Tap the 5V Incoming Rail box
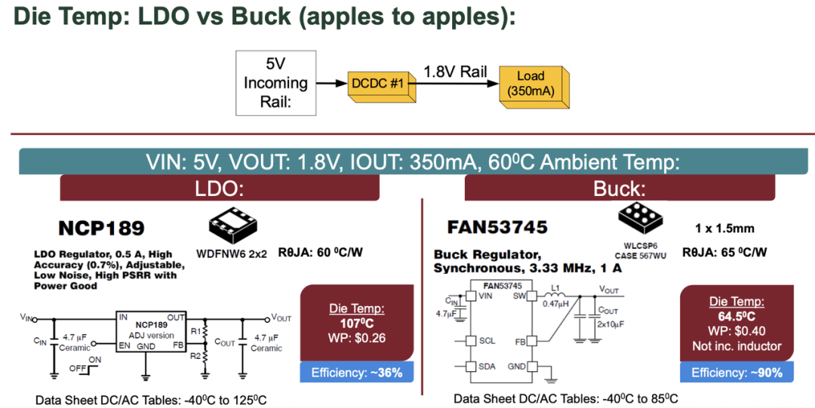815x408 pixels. coord(275,83)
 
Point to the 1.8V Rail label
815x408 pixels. coord(454,72)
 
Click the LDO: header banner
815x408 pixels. coord(219,188)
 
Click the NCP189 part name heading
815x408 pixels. coord(101,228)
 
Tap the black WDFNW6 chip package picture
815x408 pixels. coord(232,221)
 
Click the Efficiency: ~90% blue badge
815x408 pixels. coord(737,373)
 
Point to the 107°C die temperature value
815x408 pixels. coord(357,323)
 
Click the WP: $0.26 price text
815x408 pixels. coord(357,338)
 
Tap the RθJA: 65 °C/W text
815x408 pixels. coord(724,252)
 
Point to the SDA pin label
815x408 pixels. coord(487,367)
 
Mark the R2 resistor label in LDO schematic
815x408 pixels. coord(195,354)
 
